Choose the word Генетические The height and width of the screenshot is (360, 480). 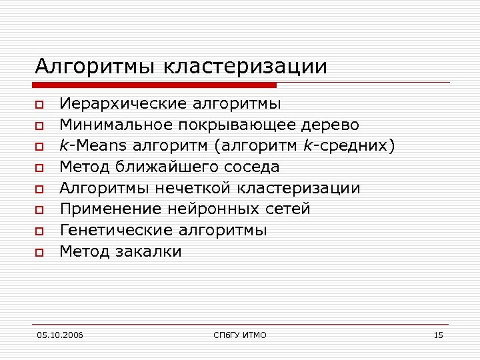pyautogui.click(x=117, y=230)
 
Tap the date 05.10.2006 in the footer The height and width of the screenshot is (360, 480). pyautogui.click(x=59, y=335)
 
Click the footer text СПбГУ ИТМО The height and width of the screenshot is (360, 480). pyautogui.click(x=239, y=335)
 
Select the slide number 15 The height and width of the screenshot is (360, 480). pyautogui.click(x=438, y=335)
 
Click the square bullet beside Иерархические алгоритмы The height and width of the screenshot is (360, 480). pyautogui.click(x=39, y=105)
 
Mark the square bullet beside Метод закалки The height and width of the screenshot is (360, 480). pyautogui.click(x=39, y=253)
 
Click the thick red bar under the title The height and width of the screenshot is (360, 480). pyautogui.click(x=154, y=85)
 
